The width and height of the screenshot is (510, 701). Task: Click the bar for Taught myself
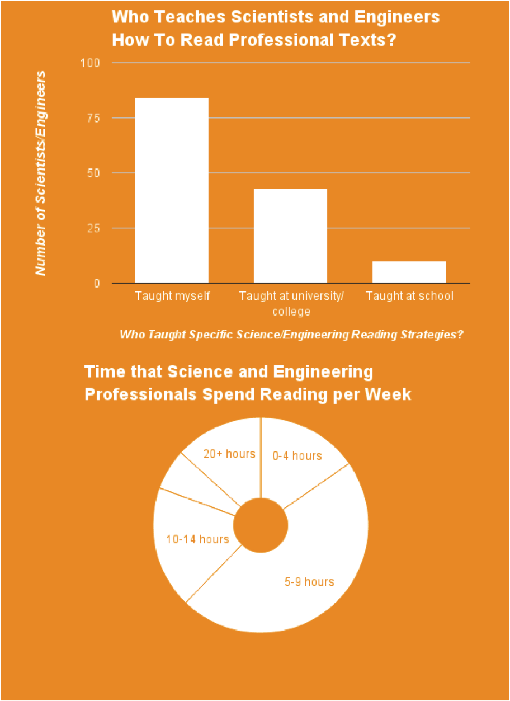[172, 190]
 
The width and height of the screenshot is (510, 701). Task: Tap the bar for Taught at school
[409, 272]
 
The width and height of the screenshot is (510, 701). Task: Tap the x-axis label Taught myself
[172, 296]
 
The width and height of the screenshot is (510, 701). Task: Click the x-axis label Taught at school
[409, 296]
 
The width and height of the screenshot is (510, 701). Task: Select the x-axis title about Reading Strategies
[291, 335]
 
